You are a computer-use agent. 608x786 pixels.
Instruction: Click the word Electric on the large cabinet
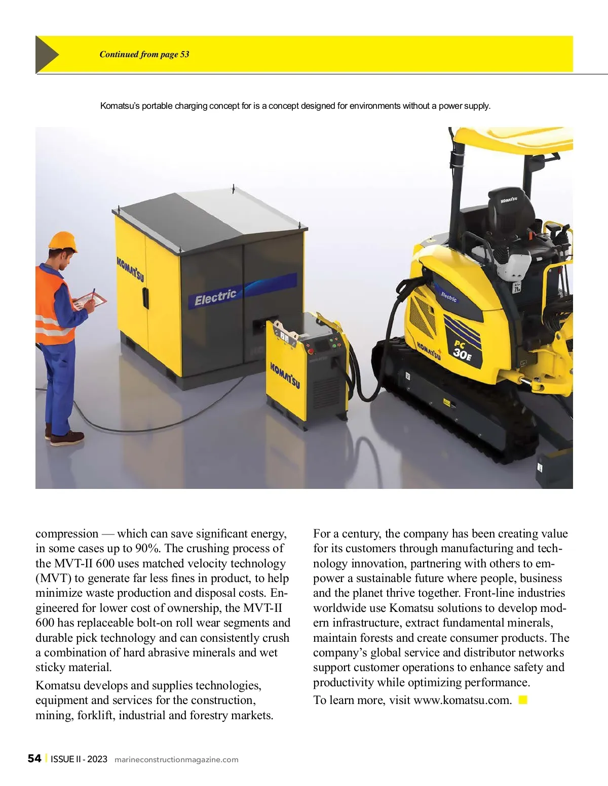point(215,298)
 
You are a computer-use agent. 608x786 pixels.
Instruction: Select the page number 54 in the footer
point(34,758)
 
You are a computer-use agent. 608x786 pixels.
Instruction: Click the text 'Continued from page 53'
point(144,55)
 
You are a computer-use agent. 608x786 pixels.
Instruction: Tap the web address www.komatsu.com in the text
point(463,700)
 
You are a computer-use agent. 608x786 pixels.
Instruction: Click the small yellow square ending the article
point(523,700)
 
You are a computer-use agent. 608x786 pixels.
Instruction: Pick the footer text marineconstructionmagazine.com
point(176,759)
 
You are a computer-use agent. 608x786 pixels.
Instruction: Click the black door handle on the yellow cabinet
point(145,298)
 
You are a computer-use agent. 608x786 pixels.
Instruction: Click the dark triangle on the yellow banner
point(46,54)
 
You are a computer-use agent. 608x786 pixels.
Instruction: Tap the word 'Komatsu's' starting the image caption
point(120,106)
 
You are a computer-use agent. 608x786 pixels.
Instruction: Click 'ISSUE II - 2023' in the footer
point(79,759)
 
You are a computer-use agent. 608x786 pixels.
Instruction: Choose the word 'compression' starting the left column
point(67,533)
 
